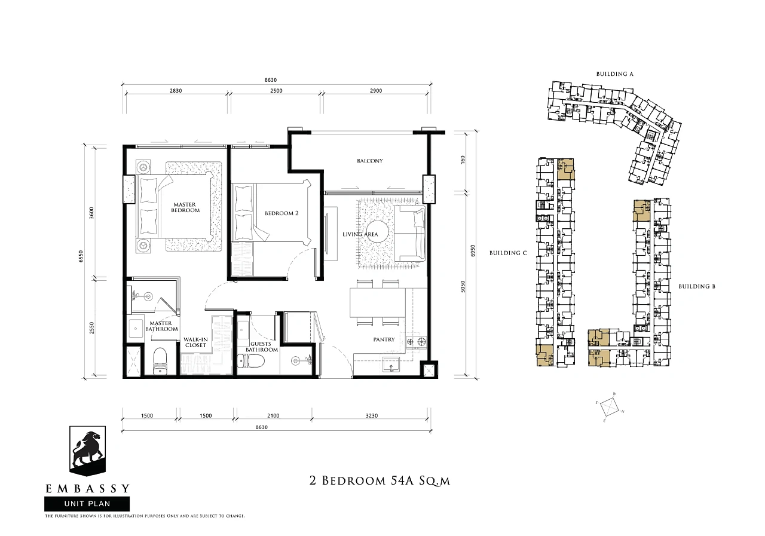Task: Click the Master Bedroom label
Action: coord(185,207)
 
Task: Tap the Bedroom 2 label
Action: coord(281,213)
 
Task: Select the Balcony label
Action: coord(370,161)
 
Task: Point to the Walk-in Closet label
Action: coord(195,342)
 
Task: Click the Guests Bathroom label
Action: coord(262,347)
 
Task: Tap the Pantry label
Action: coord(384,339)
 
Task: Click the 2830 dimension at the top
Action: coord(176,91)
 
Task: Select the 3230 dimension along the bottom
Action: coord(372,415)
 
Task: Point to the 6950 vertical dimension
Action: coord(473,252)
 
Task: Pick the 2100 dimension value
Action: coord(273,415)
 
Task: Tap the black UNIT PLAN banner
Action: coord(87,504)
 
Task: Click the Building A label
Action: coord(615,73)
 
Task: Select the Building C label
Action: coord(508,253)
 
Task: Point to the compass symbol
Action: coord(610,408)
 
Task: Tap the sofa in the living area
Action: coord(410,234)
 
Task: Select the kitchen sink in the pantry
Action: coord(391,364)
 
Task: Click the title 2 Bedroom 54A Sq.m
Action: coord(380,480)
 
